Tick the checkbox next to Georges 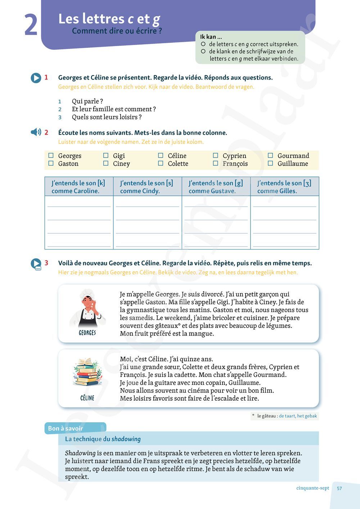(x=51, y=156)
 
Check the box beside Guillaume (x=270, y=163)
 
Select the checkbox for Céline (x=161, y=156)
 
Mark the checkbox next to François (x=215, y=163)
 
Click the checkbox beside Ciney (x=106, y=163)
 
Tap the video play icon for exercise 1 (x=36, y=78)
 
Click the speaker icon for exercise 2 (x=36, y=132)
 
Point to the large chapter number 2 (x=31, y=25)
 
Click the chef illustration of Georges (x=87, y=310)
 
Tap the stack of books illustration (x=87, y=373)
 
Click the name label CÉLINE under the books (x=87, y=398)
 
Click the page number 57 (x=339, y=488)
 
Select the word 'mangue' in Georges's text (x=202, y=334)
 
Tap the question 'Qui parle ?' (x=87, y=101)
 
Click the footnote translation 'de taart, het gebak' (x=298, y=416)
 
